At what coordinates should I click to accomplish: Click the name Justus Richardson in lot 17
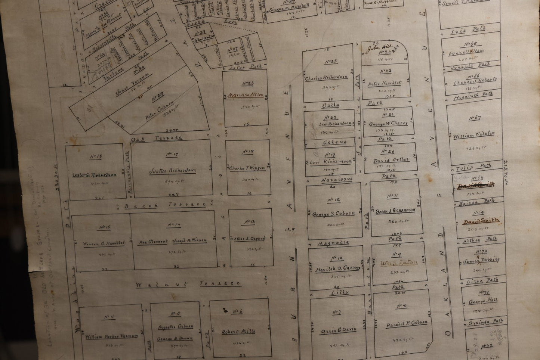pos(172,171)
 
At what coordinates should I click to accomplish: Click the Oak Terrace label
pos(156,138)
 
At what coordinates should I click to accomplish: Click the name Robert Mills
pos(239,331)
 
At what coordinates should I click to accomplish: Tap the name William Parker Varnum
pos(112,336)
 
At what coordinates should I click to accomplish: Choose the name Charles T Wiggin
pos(247,168)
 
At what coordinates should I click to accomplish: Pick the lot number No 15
pos(104,227)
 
